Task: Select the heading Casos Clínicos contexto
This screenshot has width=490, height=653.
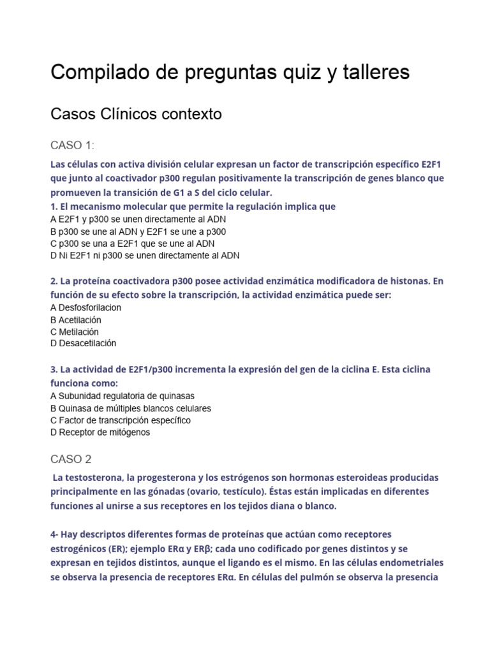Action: (136, 115)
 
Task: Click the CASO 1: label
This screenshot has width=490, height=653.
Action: (72, 145)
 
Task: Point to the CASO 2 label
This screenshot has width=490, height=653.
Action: (71, 459)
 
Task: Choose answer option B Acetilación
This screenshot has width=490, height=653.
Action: (75, 319)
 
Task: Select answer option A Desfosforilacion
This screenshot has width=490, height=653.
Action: (85, 307)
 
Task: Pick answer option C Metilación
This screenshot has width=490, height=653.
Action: (74, 332)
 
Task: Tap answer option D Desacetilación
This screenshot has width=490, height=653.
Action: (83, 343)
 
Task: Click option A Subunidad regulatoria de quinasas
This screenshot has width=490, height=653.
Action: (122, 395)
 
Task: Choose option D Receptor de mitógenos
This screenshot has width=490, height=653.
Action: (100, 432)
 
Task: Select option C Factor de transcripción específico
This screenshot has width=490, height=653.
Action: (121, 420)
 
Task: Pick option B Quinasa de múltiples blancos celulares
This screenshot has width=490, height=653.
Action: (131, 408)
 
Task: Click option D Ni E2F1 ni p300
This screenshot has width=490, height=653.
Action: (145, 255)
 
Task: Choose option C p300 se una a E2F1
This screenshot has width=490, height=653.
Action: (132, 243)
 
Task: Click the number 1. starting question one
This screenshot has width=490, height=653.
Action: (54, 207)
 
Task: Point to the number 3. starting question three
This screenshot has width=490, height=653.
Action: (54, 369)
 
